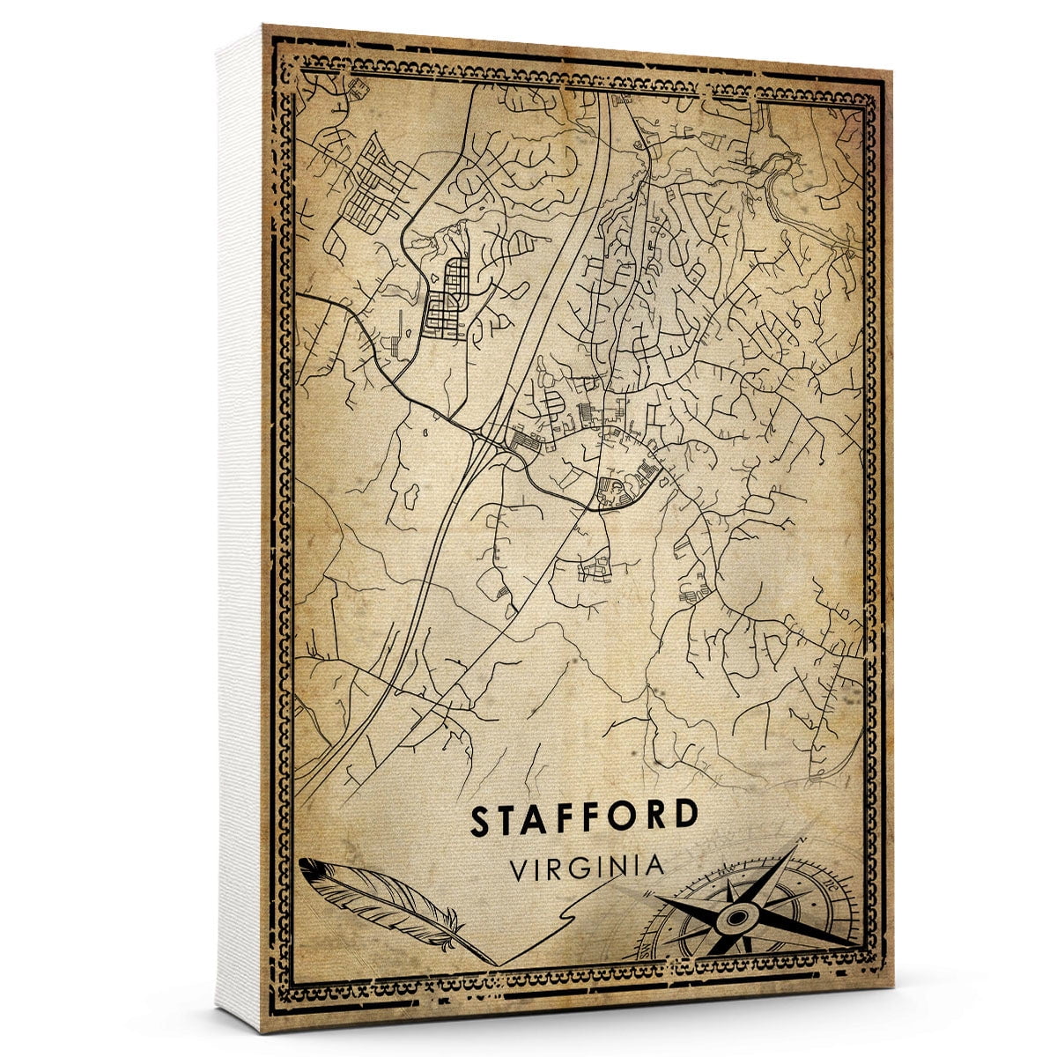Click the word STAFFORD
pyautogui.click(x=584, y=818)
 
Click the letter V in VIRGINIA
pyautogui.click(x=519, y=867)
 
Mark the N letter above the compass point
pyautogui.click(x=800, y=843)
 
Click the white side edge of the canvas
pyautogui.click(x=240, y=528)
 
